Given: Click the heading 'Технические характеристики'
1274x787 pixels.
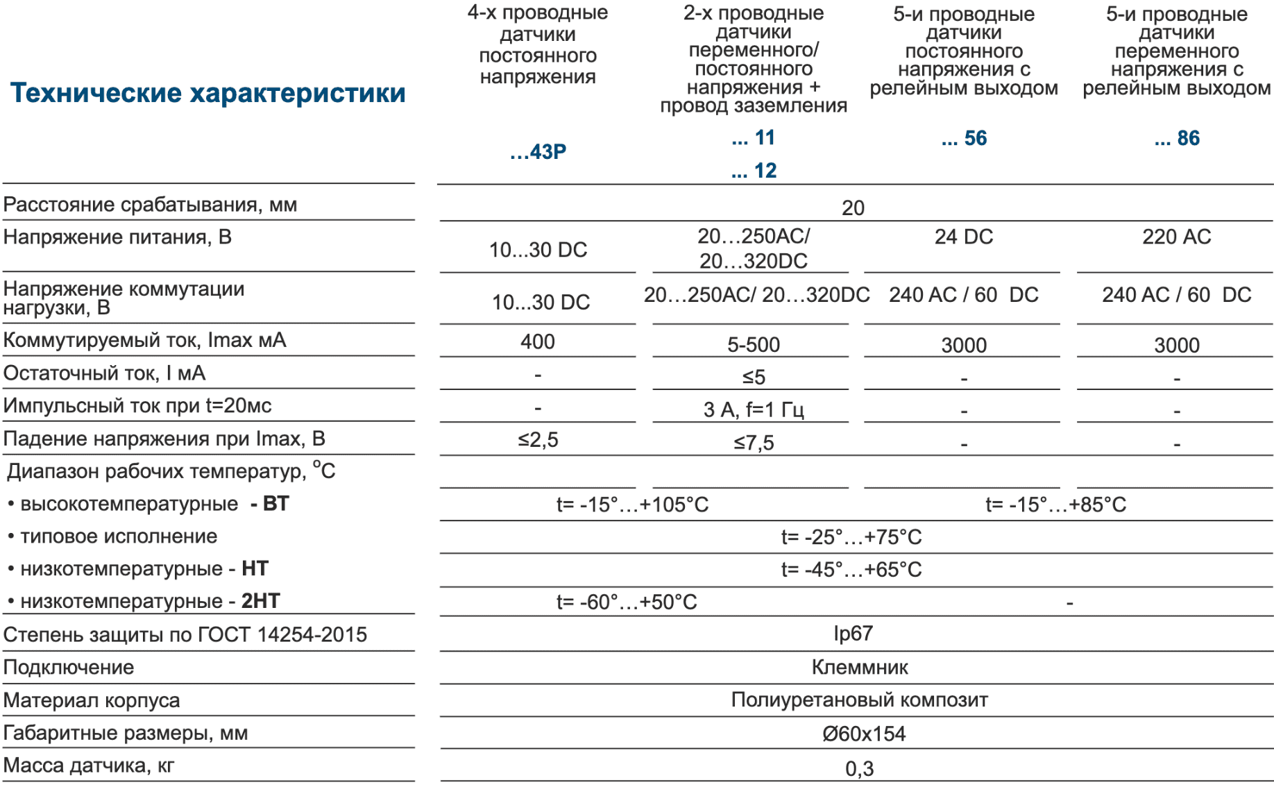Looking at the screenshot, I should tap(207, 93).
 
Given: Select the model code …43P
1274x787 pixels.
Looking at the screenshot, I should tap(538, 151).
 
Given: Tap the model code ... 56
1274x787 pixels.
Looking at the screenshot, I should tap(964, 138).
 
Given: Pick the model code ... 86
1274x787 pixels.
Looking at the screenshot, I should tap(1177, 138).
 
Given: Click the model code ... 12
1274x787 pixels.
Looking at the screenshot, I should tap(754, 171).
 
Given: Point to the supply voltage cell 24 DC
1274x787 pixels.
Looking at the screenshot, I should tap(964, 237).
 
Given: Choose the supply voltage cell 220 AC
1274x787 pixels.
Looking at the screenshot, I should tap(1177, 237).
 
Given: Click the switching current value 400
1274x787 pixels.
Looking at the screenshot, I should tap(538, 341).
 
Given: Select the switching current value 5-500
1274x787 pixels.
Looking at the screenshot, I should tap(754, 344).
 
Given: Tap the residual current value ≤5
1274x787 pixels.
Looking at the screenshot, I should tap(754, 377).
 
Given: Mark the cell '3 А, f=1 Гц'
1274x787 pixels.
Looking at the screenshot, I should tap(754, 409).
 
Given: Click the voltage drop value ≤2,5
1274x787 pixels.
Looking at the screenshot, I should tap(538, 439).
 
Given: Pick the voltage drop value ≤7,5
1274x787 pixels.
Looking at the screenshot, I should tap(754, 442).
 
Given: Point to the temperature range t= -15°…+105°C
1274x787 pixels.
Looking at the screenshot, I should tap(632, 505).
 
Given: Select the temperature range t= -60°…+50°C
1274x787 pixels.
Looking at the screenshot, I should tap(627, 602).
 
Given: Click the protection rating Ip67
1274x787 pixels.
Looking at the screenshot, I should tap(853, 633).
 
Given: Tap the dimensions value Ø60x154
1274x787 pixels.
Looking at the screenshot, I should tap(864, 734).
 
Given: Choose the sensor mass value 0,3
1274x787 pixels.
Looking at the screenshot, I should tap(859, 768).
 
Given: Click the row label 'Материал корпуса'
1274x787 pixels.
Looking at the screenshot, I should tap(92, 700).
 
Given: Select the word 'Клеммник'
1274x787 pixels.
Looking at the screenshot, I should tap(860, 667).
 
